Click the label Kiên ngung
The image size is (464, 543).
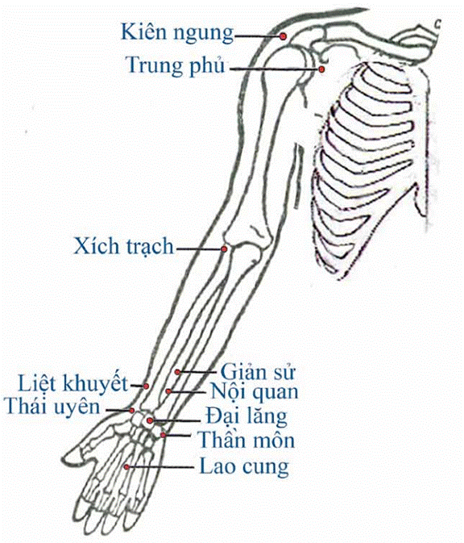[x=177, y=33]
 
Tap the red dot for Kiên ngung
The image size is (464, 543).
[x=284, y=36]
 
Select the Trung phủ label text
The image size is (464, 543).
[x=176, y=65]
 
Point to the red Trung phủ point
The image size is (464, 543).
[x=321, y=69]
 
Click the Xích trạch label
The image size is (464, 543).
[x=124, y=247]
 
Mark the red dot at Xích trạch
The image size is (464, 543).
[x=224, y=249]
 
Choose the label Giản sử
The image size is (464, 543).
[x=258, y=372]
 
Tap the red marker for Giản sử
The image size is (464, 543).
[x=177, y=372]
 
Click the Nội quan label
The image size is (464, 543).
[x=255, y=391]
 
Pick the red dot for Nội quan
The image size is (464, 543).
[x=168, y=391]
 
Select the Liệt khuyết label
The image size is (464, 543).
[x=73, y=384]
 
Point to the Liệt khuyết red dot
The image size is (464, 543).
[x=146, y=386]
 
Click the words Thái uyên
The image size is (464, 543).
[x=52, y=407]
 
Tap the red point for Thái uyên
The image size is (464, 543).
[x=132, y=411]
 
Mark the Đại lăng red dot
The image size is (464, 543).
[x=150, y=420]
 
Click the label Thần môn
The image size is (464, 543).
[x=246, y=441]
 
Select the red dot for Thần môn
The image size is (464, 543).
[x=163, y=435]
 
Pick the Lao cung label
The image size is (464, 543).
[x=244, y=466]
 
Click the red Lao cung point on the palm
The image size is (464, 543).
[x=127, y=467]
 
